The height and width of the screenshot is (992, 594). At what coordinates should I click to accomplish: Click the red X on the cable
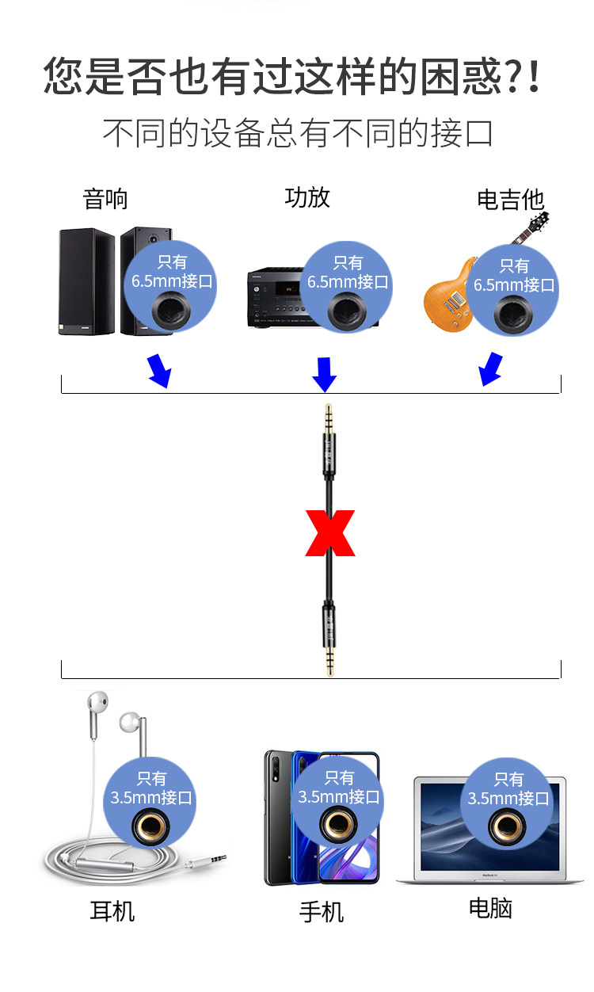click(330, 532)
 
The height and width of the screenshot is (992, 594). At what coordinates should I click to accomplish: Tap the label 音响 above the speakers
click(105, 198)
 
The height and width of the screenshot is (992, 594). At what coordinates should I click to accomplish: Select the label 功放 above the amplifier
click(307, 196)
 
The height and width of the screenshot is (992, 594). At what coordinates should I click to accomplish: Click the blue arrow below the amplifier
click(324, 373)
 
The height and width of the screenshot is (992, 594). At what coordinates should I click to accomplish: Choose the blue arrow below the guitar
click(491, 368)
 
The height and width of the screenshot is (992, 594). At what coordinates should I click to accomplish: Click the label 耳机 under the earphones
click(112, 911)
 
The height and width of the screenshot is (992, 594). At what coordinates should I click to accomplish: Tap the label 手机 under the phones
click(322, 912)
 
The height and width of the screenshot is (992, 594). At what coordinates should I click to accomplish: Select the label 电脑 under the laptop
click(490, 908)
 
